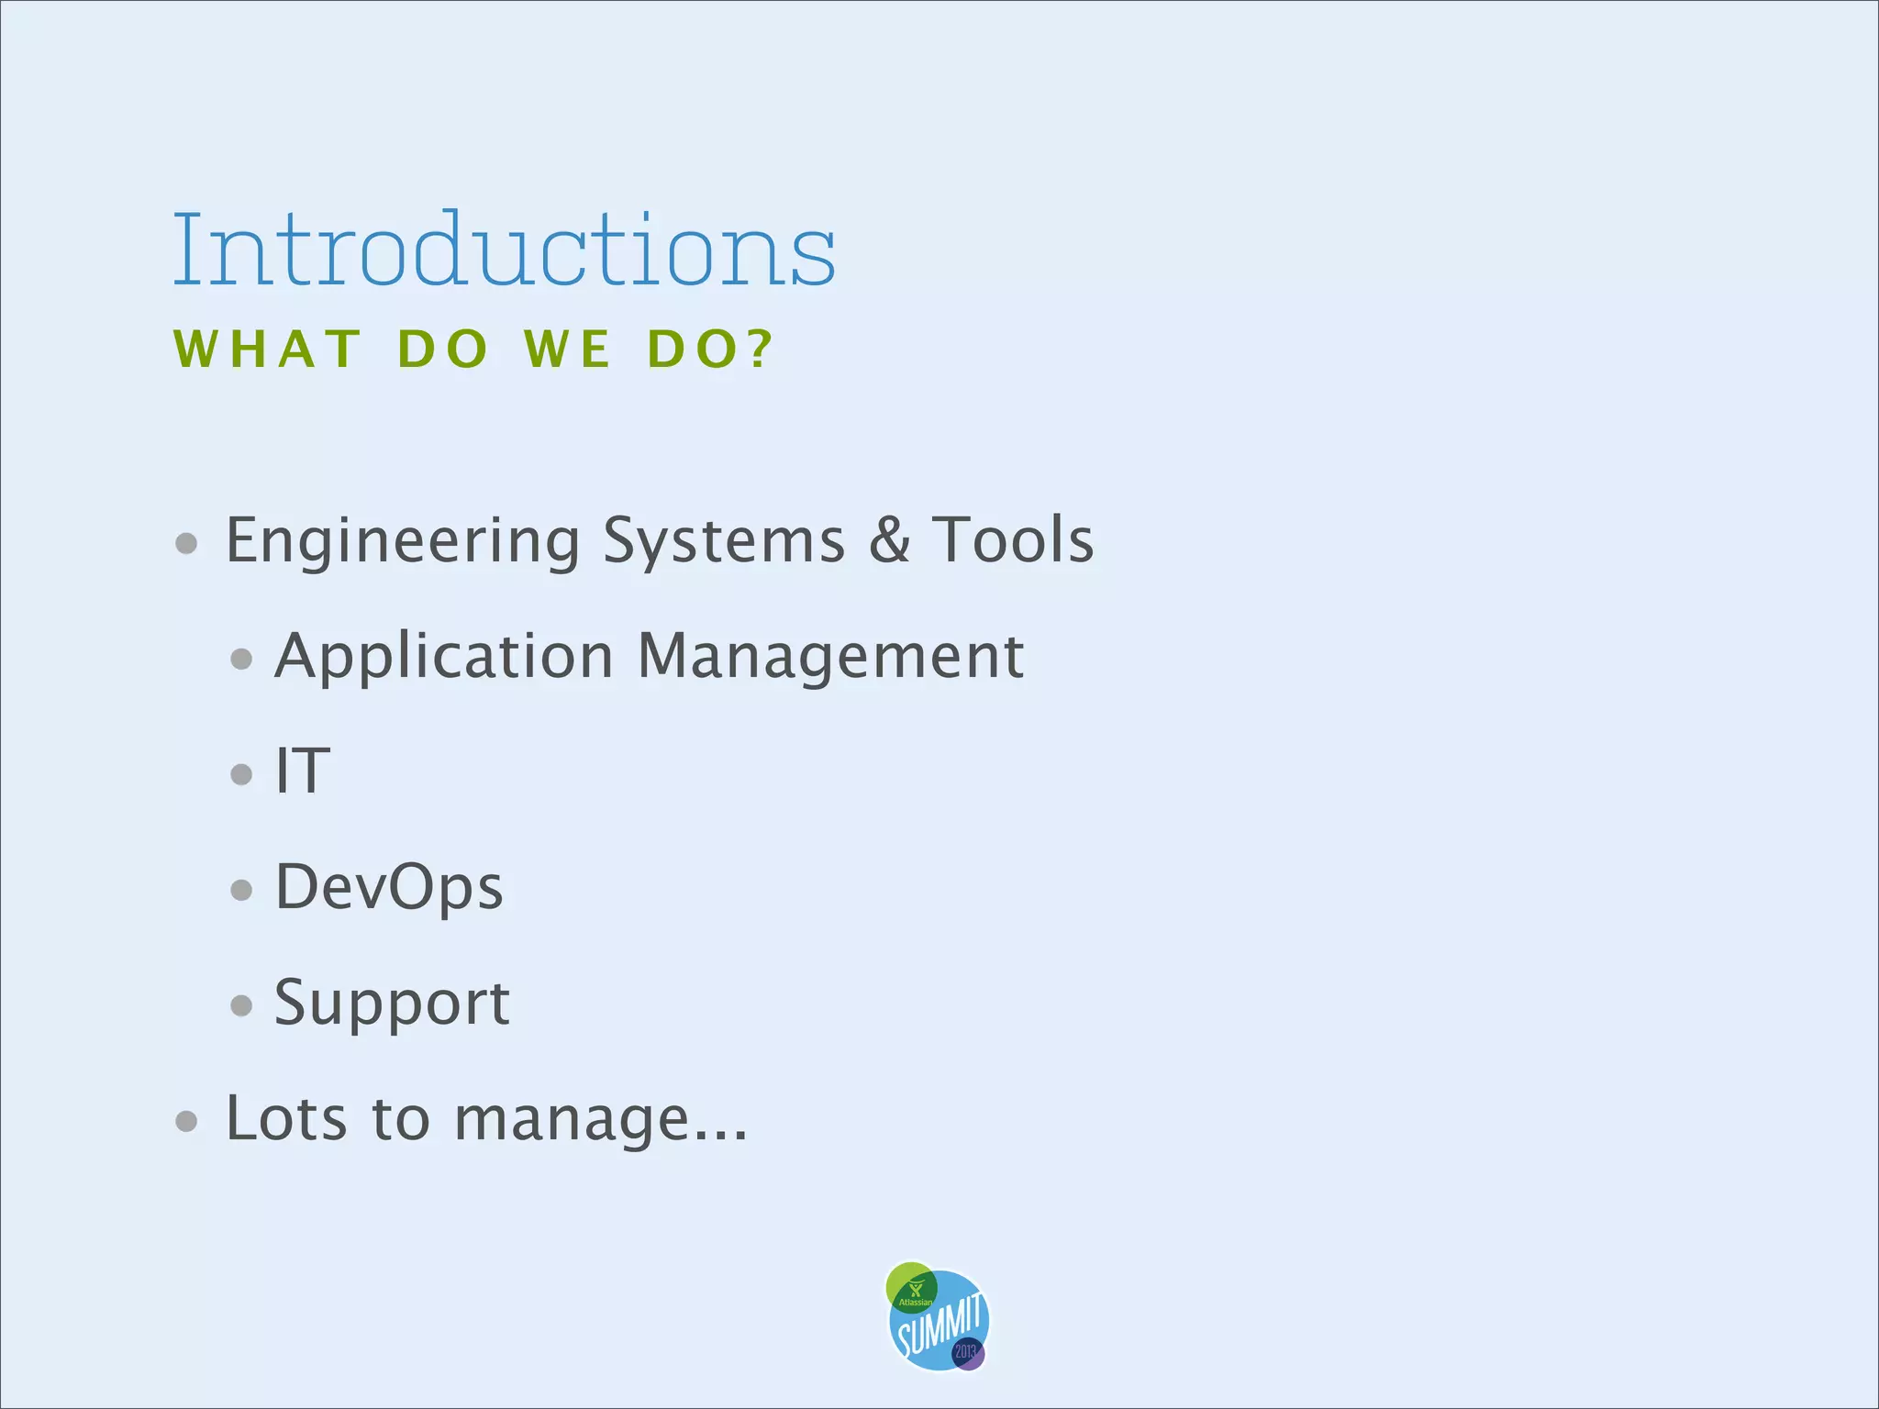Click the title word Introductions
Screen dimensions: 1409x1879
(504, 250)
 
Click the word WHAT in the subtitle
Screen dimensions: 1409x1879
(267, 349)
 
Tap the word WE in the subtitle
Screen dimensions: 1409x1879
(567, 349)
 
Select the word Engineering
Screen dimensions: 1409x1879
(402, 541)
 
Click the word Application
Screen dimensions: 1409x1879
(444, 657)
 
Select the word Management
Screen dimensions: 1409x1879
(830, 657)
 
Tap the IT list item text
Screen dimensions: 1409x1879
(303, 771)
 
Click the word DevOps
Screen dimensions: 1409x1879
(389, 887)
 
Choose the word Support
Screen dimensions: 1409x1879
(392, 1003)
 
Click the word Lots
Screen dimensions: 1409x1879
(286, 1118)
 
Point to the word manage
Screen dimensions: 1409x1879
(572, 1120)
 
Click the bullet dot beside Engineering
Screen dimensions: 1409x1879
(186, 543)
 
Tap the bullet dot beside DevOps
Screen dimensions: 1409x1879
(241, 889)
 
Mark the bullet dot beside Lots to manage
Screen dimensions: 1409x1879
(186, 1120)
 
